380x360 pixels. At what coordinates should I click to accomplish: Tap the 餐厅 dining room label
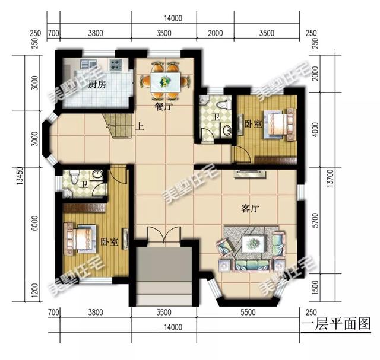pyautogui.click(x=163, y=107)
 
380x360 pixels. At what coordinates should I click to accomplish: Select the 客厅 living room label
pyautogui.click(x=252, y=208)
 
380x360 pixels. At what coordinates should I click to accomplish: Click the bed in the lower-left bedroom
pyautogui.click(x=80, y=238)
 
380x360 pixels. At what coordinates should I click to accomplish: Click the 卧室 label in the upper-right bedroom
pyautogui.click(x=252, y=125)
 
